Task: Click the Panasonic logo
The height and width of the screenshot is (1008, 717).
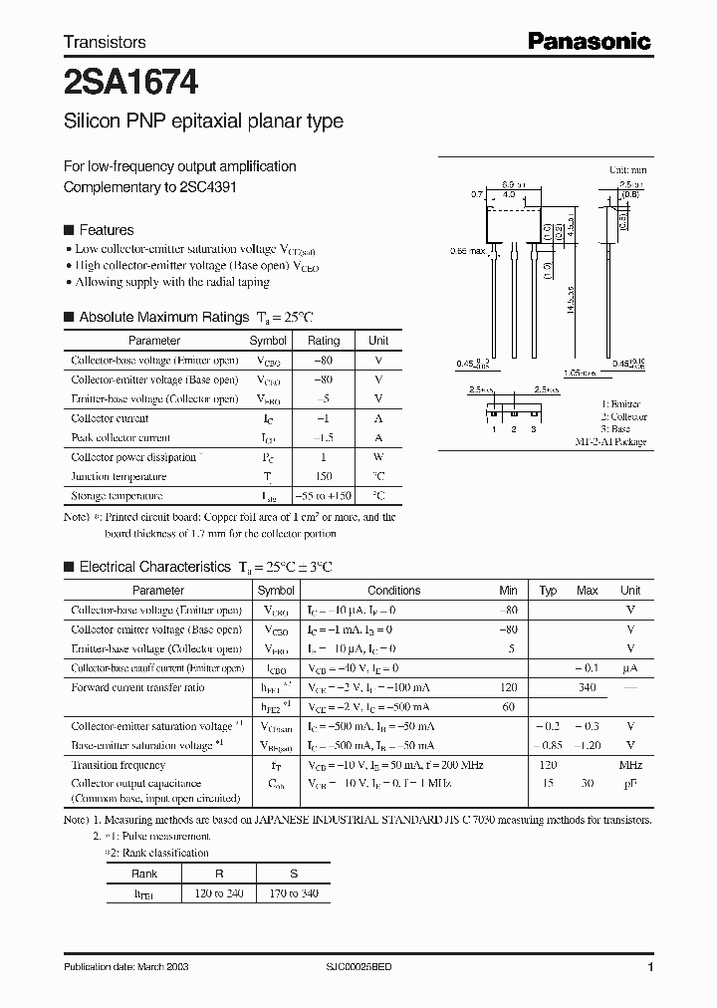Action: (589, 41)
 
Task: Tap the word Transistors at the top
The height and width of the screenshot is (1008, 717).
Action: (105, 42)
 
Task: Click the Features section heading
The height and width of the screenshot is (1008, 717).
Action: (106, 229)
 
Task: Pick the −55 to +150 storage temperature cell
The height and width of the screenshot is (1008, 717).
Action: (324, 495)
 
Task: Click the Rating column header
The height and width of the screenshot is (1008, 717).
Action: (324, 341)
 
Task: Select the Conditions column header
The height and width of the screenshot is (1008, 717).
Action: (394, 591)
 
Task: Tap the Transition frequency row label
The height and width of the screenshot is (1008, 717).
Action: (119, 765)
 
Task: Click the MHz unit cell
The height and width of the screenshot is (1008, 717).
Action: (630, 765)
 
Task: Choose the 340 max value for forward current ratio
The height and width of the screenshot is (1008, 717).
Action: (587, 687)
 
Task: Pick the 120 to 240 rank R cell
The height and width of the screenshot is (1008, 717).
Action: (219, 893)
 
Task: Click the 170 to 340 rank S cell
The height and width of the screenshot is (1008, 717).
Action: (294, 893)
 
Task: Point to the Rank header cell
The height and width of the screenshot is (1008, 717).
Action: (144, 874)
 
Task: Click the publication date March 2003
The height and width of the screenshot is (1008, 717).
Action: (126, 967)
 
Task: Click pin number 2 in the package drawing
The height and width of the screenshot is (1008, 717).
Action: (513, 428)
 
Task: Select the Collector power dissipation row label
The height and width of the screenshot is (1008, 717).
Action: (133, 457)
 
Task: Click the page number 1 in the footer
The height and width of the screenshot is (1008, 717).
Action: (650, 967)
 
